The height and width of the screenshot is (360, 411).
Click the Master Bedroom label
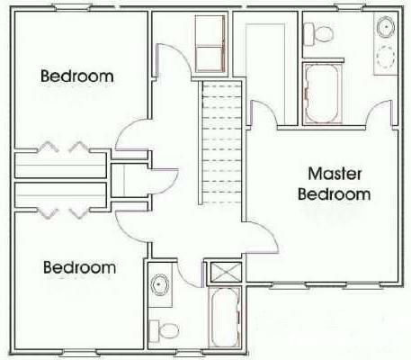[x=335, y=184]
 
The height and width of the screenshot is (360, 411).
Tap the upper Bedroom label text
[x=77, y=76]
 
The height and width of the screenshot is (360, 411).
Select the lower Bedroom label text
[x=80, y=267]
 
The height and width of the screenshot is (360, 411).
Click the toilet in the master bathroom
[x=318, y=33]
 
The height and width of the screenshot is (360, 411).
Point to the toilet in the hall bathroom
[x=164, y=331]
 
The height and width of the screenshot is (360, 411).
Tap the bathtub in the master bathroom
[x=322, y=94]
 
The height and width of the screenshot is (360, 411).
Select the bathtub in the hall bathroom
[x=225, y=318]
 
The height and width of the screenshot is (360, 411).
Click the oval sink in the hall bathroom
[x=160, y=284]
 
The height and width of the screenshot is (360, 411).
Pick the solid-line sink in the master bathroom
[x=386, y=27]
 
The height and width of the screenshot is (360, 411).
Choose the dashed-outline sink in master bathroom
[x=386, y=57]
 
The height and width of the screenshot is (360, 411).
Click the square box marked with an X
[x=226, y=273]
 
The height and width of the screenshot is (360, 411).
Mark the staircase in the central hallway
[x=219, y=142]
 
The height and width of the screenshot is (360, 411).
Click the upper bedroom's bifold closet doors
[x=64, y=147]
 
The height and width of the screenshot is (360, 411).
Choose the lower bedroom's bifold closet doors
[x=64, y=212]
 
